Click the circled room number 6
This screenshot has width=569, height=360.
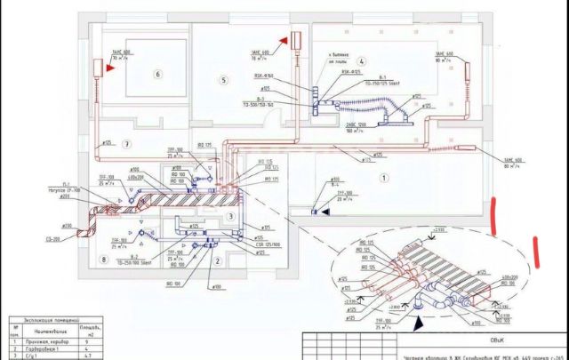[159, 74]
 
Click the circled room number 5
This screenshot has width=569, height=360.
[224, 81]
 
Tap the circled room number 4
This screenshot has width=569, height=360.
[362, 61]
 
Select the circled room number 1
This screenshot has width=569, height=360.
[384, 178]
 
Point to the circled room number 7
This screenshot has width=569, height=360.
[128, 144]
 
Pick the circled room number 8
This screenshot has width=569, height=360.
[104, 260]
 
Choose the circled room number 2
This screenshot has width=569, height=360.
[218, 261]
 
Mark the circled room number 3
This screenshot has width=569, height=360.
[230, 216]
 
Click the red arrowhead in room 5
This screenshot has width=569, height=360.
[294, 41]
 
